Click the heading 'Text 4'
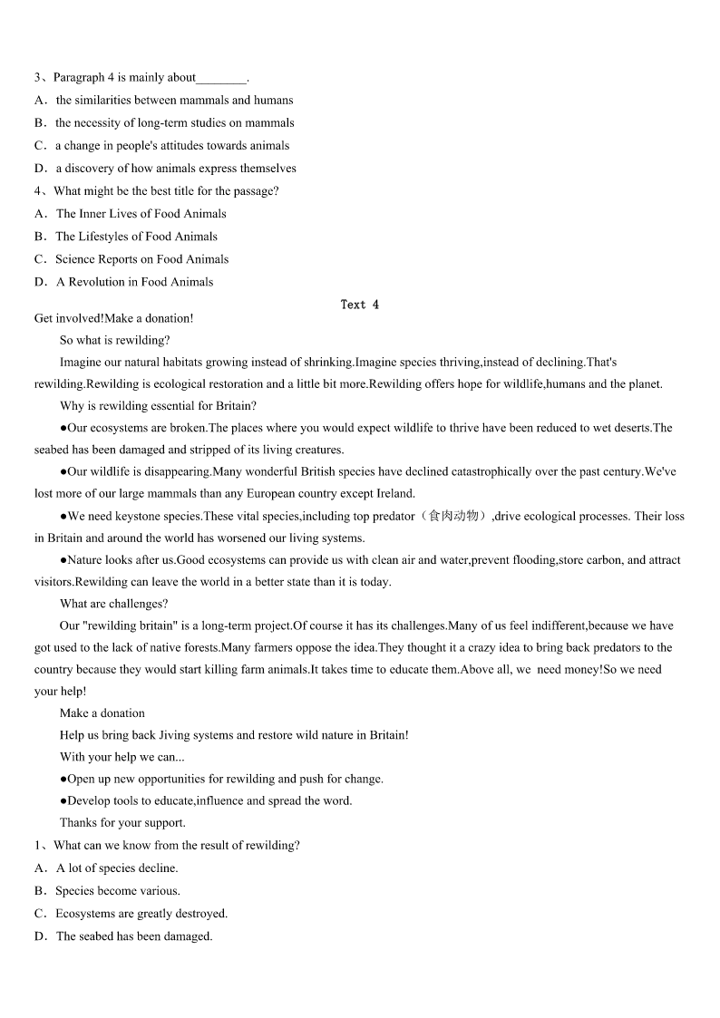tap(360, 305)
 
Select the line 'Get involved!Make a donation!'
tap(113, 318)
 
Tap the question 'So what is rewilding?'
tap(114, 340)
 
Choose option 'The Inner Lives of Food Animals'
tap(141, 214)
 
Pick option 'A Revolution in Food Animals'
tap(134, 282)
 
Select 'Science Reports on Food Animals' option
tap(141, 259)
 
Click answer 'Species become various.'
tap(118, 890)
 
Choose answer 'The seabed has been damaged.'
tap(134, 936)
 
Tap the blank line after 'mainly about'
tap(221, 79)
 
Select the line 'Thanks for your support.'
tap(122, 822)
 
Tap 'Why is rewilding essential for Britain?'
tap(158, 406)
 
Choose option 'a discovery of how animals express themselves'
tap(176, 169)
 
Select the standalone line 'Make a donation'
tap(102, 713)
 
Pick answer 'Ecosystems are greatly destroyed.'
tap(141, 913)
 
